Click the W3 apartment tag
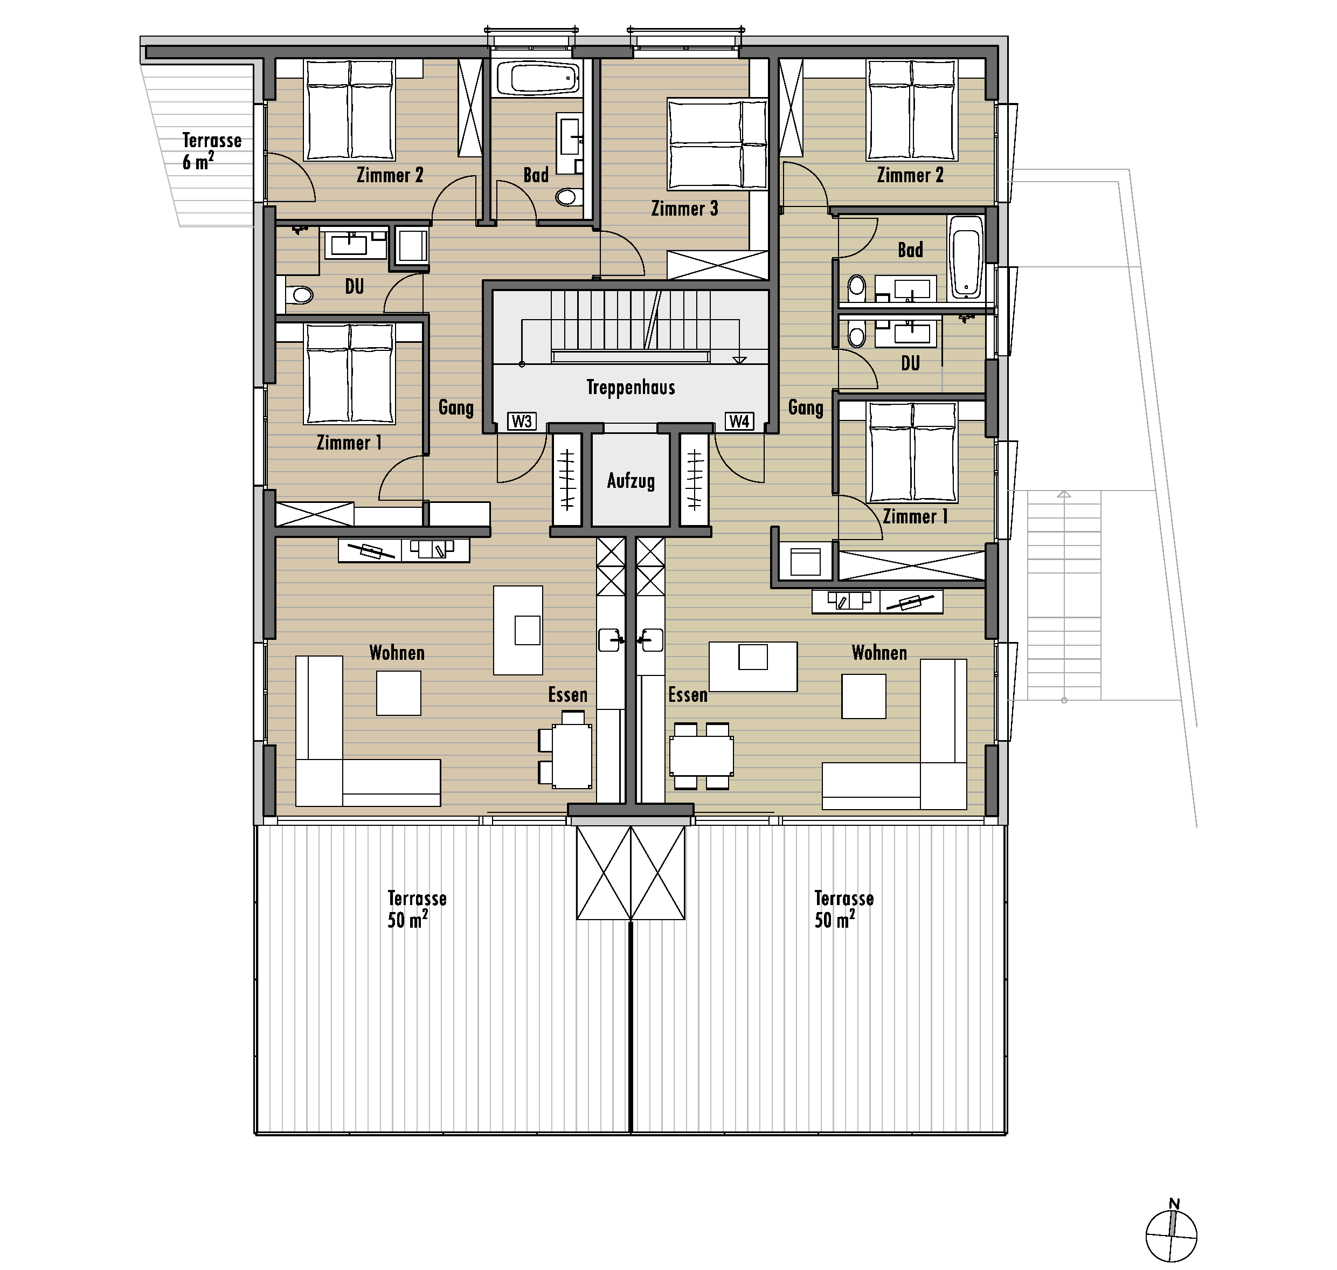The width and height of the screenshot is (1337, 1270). [x=522, y=422]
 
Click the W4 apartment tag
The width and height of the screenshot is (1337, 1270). [x=739, y=422]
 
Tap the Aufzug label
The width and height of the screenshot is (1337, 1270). [x=631, y=481]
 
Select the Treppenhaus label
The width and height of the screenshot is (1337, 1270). [x=631, y=388]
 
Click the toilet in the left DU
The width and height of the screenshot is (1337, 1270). [x=299, y=295]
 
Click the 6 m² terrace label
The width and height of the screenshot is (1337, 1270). [x=211, y=151]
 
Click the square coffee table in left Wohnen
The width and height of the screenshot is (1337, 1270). [x=399, y=693]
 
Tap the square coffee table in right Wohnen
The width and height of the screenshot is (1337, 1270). [x=863, y=696]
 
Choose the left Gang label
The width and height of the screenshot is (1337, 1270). [x=455, y=408]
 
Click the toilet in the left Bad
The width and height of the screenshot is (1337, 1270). [x=569, y=197]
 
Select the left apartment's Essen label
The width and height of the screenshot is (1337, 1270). [x=567, y=695]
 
